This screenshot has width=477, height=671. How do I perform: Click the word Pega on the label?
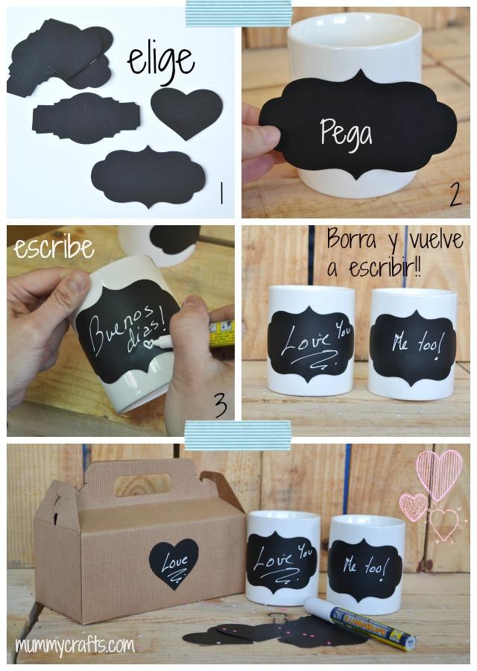point(346,133)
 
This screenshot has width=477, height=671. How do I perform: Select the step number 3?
point(220,406)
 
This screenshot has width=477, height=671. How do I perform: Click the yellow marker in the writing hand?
point(221,331)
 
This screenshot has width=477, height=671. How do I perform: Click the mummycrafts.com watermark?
point(75,643)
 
